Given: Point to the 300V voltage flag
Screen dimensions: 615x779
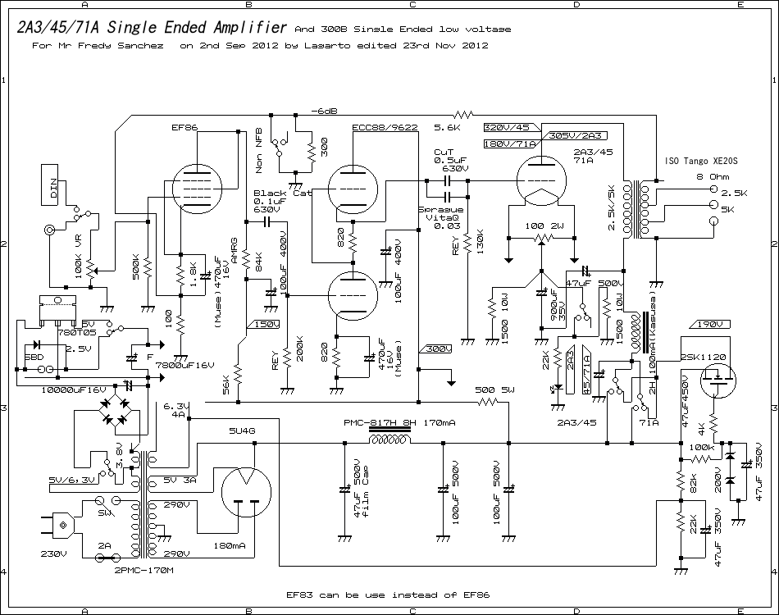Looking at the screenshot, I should pyautogui.click(x=438, y=349).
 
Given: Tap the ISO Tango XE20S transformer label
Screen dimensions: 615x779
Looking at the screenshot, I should pyautogui.click(x=700, y=162).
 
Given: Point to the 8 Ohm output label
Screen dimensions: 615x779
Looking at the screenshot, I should pyautogui.click(x=712, y=176).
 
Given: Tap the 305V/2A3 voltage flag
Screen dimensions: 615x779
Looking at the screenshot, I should pyautogui.click(x=567, y=135).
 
